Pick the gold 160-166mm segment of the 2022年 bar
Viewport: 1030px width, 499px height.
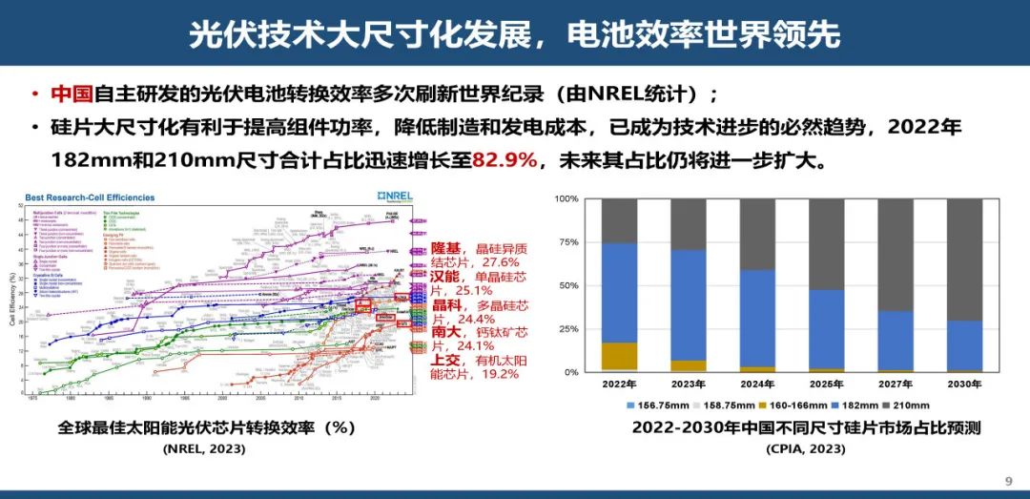tap(620, 355)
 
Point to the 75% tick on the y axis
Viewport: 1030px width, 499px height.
tap(566, 242)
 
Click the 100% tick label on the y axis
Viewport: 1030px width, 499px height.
tap(565, 198)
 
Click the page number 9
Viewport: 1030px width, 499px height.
tap(1009, 480)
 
